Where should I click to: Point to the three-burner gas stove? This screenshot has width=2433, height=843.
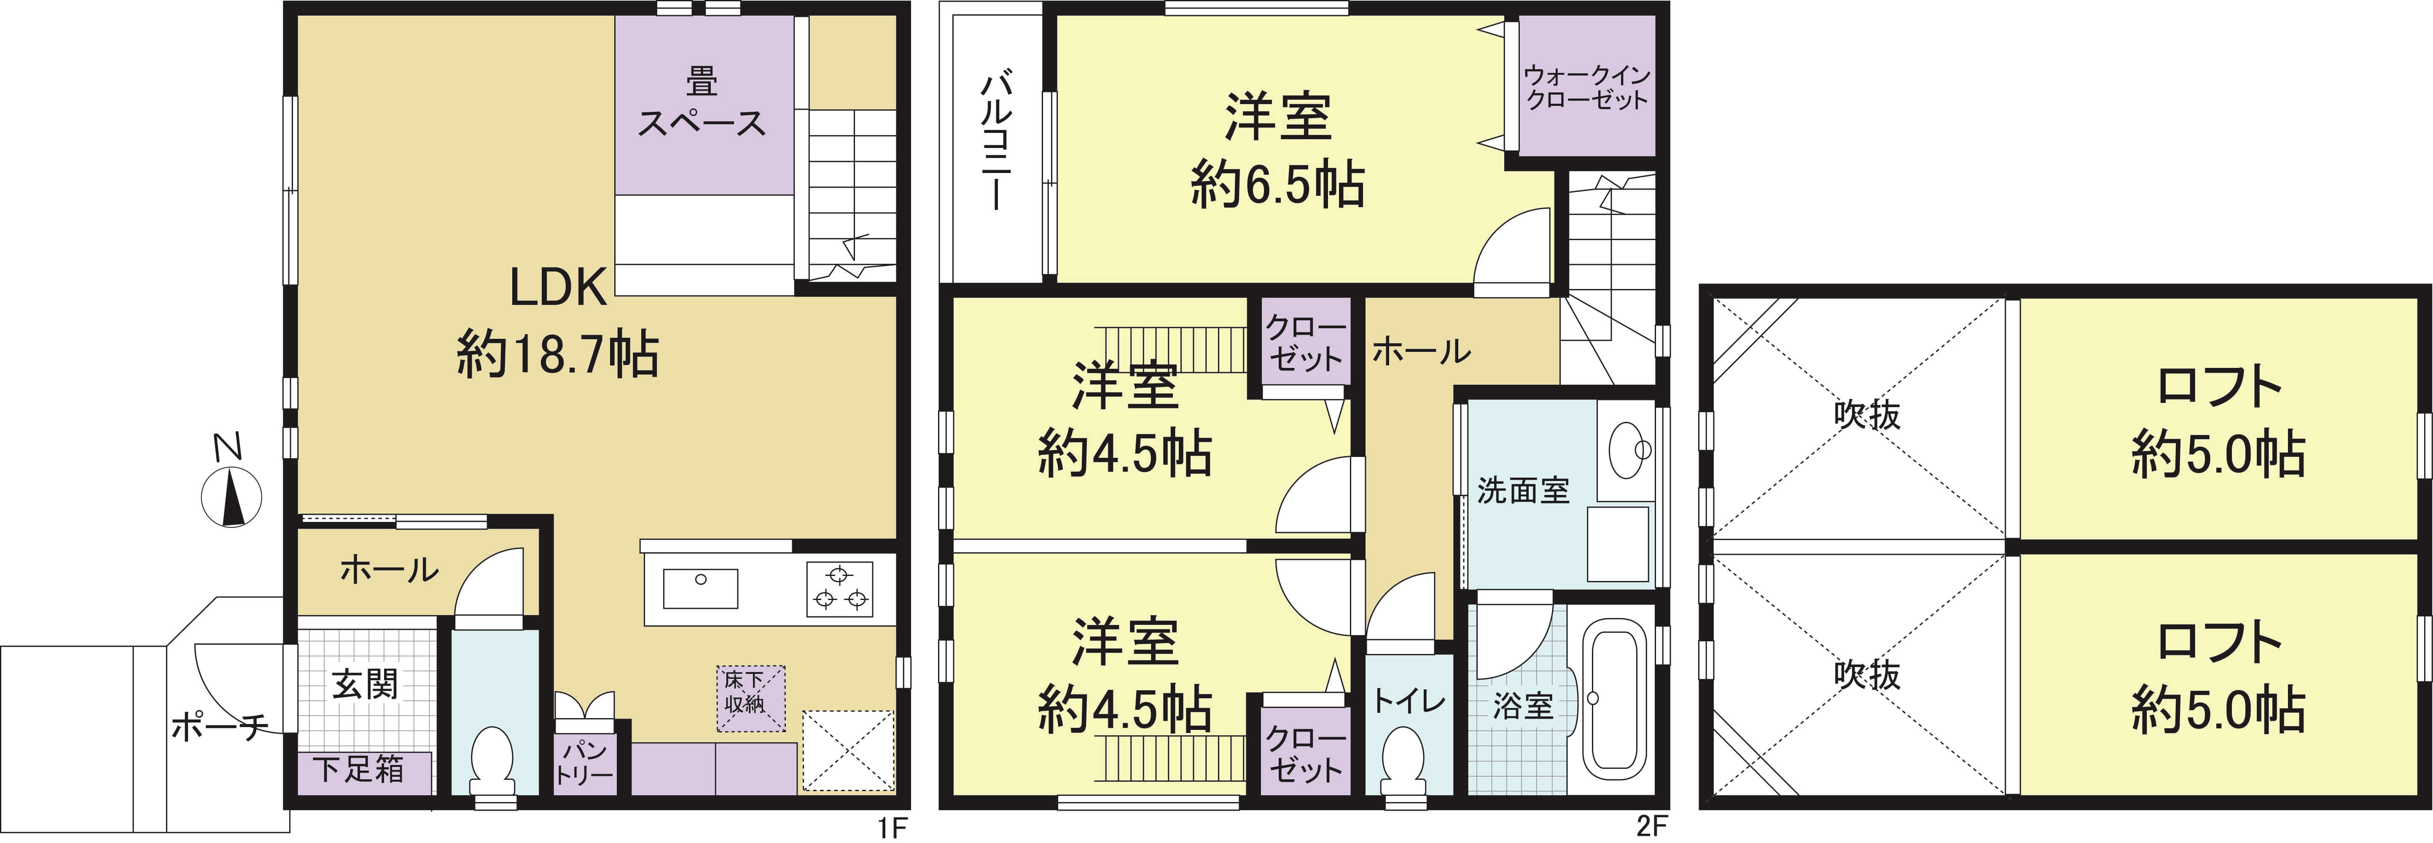pos(839,588)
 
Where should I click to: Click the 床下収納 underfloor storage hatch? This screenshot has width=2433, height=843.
pos(750,698)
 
